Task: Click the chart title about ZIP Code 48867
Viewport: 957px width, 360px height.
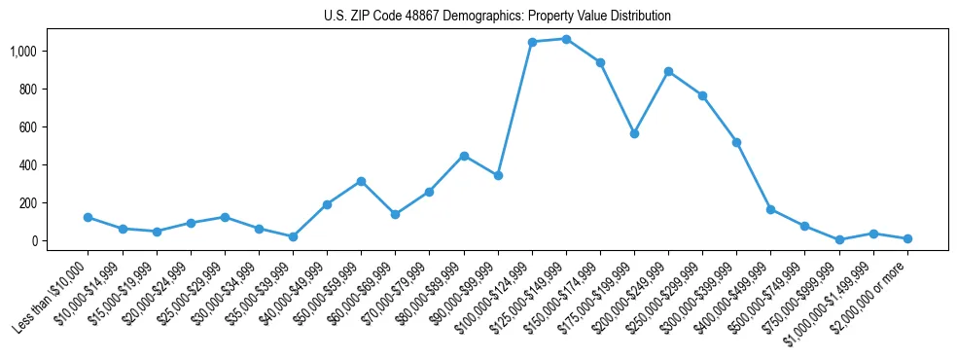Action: point(497,17)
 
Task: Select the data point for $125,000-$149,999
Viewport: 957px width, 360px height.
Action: point(566,39)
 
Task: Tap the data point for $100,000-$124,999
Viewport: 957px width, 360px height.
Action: point(532,42)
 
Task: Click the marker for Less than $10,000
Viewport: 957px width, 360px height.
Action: point(88,217)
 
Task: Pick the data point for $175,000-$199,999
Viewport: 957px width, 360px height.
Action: point(634,133)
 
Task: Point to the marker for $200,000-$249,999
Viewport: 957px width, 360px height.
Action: point(668,71)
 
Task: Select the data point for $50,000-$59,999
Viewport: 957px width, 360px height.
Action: point(361,181)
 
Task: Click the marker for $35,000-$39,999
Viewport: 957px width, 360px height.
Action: point(293,236)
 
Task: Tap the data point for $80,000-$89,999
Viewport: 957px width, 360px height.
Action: point(464,156)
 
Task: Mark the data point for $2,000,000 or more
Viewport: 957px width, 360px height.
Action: point(907,238)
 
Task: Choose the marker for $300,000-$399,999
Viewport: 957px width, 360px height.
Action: point(736,142)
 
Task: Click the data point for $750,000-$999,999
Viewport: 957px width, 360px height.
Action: point(839,239)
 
